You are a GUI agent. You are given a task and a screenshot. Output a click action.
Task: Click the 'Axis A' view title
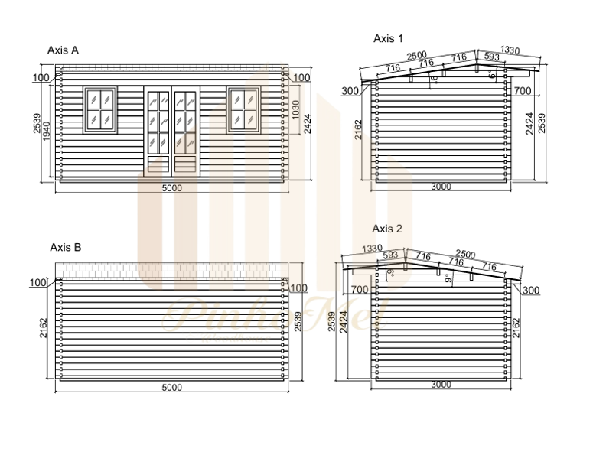63,50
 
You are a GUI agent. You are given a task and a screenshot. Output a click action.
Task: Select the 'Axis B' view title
65,247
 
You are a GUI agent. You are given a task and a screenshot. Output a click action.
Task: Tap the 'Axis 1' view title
388,37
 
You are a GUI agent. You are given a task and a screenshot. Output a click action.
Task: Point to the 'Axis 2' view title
387,228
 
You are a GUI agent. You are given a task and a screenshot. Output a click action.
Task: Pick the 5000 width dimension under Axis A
172,188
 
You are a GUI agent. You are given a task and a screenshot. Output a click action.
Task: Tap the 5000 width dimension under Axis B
172,387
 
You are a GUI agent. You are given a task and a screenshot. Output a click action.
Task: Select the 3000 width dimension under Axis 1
441,187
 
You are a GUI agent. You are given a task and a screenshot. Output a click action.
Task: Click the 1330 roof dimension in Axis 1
510,50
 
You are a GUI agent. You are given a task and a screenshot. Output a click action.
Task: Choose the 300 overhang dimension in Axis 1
351,91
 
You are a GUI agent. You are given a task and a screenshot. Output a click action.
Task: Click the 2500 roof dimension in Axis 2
465,253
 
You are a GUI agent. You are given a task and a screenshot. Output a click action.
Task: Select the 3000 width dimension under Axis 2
441,385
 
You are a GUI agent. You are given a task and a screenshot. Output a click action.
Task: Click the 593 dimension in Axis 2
390,255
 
